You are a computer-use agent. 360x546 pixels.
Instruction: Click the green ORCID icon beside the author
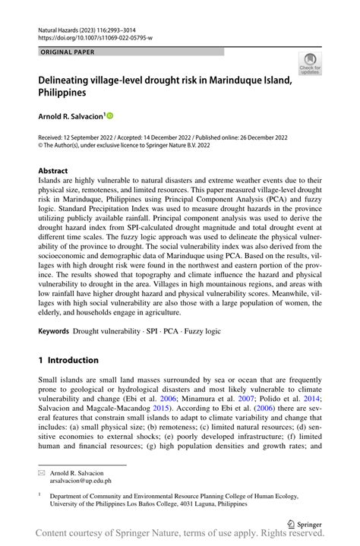109,116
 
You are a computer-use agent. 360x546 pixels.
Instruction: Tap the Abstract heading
52,171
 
